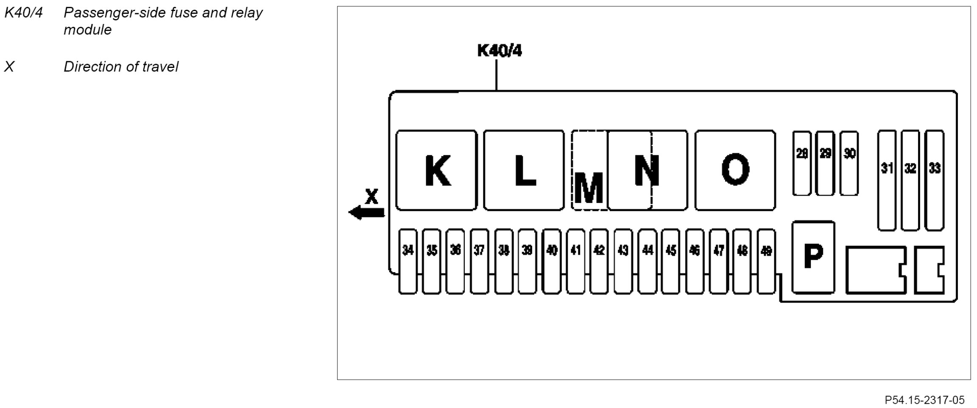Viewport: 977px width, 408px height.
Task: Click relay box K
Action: (436, 170)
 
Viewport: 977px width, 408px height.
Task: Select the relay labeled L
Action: (524, 170)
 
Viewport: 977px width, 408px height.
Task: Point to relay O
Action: (735, 170)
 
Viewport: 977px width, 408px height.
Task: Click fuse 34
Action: (408, 261)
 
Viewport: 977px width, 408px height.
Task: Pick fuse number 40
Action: (551, 261)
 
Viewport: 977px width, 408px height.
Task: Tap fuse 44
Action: (647, 261)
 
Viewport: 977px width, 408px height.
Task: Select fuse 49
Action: (766, 261)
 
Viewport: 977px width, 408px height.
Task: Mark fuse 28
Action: (801, 163)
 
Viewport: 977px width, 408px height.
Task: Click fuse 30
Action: (849, 163)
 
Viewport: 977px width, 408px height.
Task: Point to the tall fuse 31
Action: (887, 180)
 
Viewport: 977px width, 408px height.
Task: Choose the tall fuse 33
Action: (934, 180)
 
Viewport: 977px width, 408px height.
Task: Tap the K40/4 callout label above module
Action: (499, 51)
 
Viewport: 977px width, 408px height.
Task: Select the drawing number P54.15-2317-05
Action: (924, 400)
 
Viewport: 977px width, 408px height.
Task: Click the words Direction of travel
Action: (121, 67)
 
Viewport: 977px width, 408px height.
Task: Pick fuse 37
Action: (479, 261)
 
